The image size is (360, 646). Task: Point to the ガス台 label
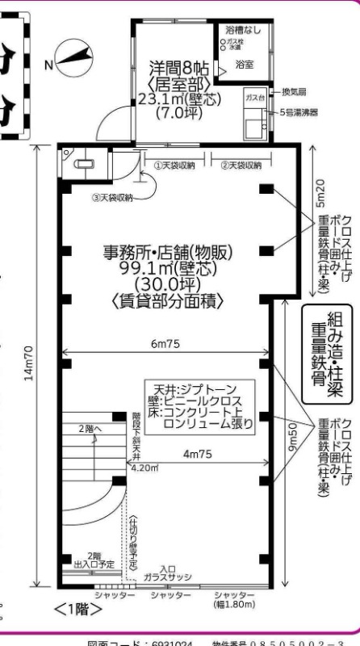[x=254, y=97]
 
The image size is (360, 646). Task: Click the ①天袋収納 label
[x=174, y=165]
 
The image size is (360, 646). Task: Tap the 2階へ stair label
[x=91, y=429]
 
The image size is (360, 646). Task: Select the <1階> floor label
[x=73, y=610]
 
